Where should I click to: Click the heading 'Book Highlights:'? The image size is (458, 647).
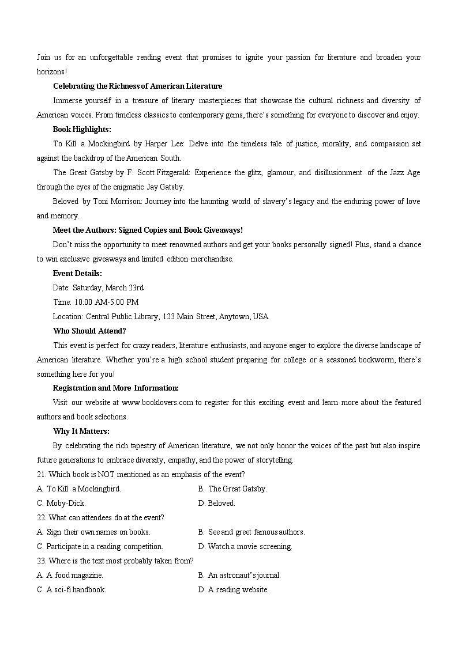click(82, 129)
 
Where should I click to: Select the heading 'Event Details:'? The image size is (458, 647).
click(77, 273)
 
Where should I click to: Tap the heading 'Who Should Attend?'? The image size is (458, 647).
click(89, 331)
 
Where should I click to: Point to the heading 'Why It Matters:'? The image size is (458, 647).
click(81, 431)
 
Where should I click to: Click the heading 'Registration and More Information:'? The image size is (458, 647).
click(115, 388)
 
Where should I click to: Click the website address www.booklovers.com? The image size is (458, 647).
click(157, 402)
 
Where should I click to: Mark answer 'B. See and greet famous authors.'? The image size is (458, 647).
click(251, 532)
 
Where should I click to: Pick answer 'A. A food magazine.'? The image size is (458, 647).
click(70, 575)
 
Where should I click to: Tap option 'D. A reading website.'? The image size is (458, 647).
click(233, 589)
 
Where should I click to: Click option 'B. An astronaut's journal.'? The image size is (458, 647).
click(239, 575)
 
